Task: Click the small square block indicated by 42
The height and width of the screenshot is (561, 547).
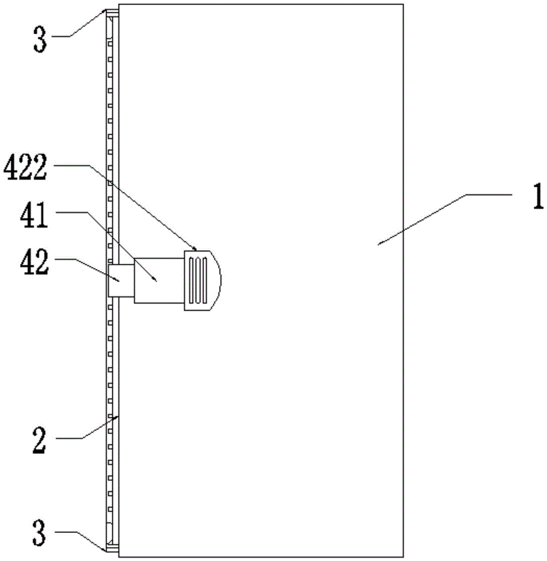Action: coord(121,280)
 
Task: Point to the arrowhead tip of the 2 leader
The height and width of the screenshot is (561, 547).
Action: coord(118,416)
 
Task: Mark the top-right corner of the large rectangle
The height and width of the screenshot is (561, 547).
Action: coord(403,4)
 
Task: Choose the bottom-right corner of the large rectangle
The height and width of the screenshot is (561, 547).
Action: coord(403,557)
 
